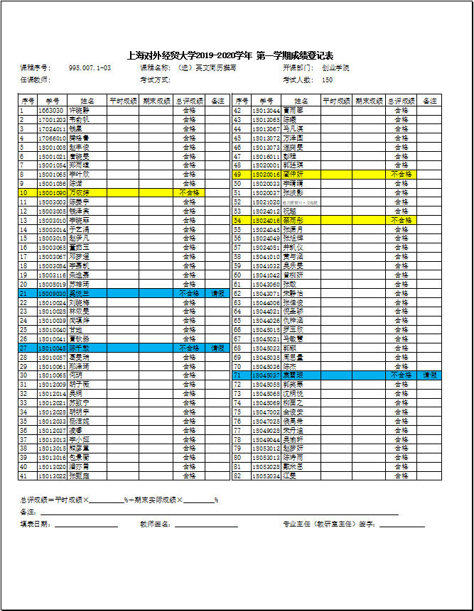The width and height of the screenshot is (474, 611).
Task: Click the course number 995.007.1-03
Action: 90,68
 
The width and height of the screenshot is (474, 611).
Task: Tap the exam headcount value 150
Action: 328,80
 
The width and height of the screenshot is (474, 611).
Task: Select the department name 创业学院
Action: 335,68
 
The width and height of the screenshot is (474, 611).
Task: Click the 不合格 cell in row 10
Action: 189,192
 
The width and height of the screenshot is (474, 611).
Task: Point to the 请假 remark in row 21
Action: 217,293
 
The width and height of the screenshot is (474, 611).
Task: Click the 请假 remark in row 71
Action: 430,375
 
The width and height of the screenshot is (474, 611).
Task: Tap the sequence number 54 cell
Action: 239,220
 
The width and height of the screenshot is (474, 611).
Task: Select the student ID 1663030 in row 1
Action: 51,110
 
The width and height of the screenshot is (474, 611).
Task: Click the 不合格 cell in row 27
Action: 189,348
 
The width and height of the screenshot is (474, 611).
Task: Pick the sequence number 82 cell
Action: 239,475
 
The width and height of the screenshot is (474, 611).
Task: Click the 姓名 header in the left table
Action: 87,101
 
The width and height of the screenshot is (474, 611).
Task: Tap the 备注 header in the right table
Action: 430,101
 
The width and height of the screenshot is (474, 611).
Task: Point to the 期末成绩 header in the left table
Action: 156,101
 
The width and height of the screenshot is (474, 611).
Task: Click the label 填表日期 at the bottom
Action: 36,524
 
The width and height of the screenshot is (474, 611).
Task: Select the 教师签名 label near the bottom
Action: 156,524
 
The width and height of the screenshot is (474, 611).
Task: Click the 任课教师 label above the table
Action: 36,80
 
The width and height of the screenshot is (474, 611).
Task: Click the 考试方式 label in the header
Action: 156,80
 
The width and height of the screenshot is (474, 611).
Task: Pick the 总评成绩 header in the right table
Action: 402,101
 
